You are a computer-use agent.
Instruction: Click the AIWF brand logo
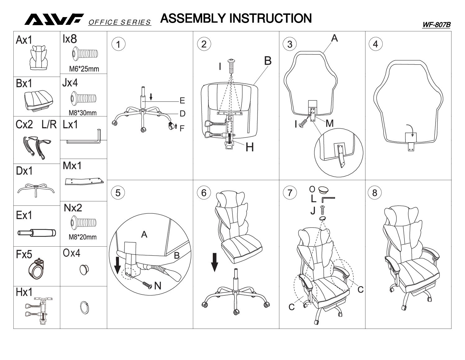(x=54, y=20)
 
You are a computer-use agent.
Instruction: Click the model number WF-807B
(x=436, y=25)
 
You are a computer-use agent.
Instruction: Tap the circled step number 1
(x=118, y=44)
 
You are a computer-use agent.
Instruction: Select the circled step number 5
(x=118, y=193)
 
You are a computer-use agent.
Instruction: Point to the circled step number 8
(x=375, y=193)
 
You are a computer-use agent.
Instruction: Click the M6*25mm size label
(x=84, y=69)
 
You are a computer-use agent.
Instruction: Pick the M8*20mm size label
(x=82, y=237)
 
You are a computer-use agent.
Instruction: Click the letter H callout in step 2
(x=249, y=147)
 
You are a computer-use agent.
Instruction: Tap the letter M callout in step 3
(x=329, y=124)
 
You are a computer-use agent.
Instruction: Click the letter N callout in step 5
(x=157, y=285)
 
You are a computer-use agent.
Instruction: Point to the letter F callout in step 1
(x=182, y=128)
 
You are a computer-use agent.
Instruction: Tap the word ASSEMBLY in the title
(x=193, y=18)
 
